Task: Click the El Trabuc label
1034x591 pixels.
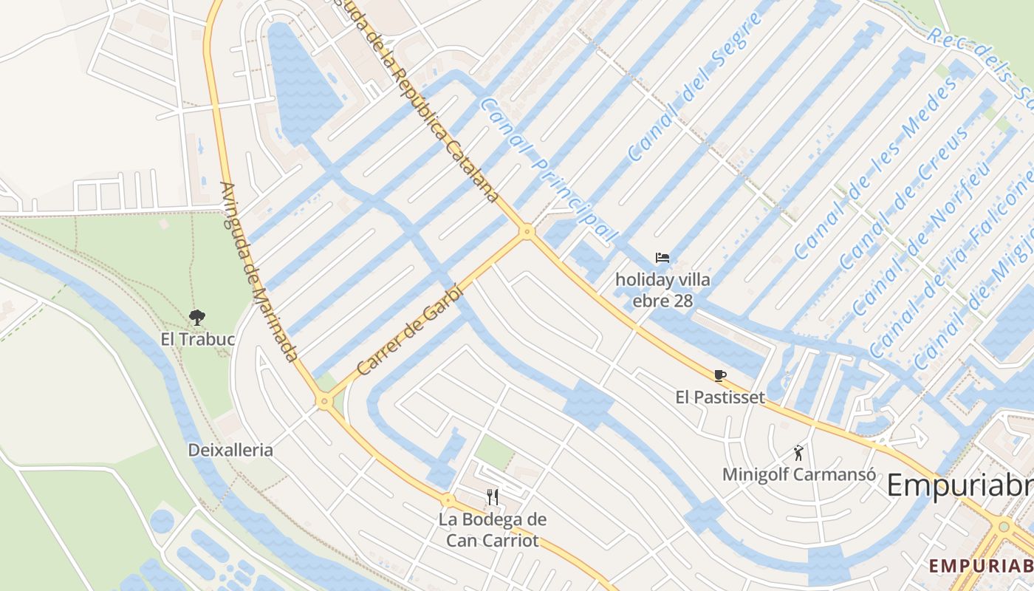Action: tap(198, 340)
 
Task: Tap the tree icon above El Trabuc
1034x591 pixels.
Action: tap(196, 318)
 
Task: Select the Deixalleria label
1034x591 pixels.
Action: tap(230, 450)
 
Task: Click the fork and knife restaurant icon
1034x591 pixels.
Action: tap(493, 496)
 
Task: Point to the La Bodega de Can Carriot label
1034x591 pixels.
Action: tap(493, 530)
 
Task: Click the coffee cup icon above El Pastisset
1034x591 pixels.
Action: tap(720, 375)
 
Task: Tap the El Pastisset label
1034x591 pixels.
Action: tap(720, 397)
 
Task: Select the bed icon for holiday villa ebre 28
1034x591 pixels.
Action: tap(662, 258)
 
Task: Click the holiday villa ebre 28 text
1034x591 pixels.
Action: tap(663, 290)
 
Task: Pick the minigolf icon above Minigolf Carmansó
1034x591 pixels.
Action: tap(798, 452)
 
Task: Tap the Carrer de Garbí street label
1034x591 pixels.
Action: tap(409, 329)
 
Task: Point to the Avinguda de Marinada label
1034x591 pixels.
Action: tap(258, 272)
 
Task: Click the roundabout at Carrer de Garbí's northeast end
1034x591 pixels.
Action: tap(527, 231)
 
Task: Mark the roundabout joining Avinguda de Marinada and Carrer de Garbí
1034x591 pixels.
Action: tap(323, 402)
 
